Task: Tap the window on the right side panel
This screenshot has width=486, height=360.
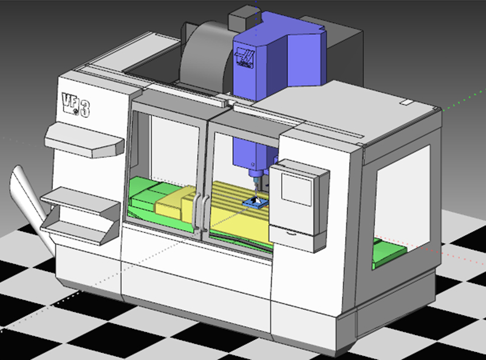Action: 401,195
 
